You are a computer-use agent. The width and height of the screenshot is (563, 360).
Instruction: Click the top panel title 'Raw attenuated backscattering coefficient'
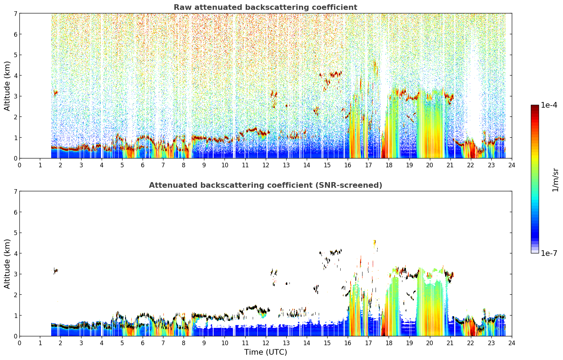pyautogui.click(x=265, y=7)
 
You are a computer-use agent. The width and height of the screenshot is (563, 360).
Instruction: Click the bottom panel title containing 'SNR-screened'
pyautogui.click(x=265, y=185)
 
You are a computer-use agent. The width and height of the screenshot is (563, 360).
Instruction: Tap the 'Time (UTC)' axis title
pyautogui.click(x=265, y=352)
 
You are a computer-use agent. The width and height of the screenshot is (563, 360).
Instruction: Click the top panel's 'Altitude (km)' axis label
pyautogui.click(x=7, y=86)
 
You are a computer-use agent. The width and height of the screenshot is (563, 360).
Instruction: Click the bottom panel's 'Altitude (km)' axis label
pyautogui.click(x=7, y=264)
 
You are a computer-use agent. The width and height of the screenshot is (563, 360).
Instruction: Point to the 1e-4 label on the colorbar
pyautogui.click(x=549, y=105)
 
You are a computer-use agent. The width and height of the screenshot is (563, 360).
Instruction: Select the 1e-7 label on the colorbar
pyautogui.click(x=549, y=253)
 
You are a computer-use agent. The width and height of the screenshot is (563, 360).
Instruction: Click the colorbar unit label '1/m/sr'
pyautogui.click(x=556, y=180)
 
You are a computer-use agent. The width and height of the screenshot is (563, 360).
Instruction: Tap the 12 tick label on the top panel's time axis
pyautogui.click(x=266, y=165)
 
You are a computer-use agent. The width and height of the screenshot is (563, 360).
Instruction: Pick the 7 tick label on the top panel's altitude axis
pyautogui.click(x=15, y=13)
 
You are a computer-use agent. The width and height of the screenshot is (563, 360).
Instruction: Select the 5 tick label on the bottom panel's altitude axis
pyautogui.click(x=15, y=233)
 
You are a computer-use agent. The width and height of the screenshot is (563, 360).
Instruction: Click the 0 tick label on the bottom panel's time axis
pyautogui.click(x=20, y=343)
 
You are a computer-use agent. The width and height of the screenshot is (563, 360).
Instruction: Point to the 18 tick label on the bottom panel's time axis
pyautogui.click(x=389, y=343)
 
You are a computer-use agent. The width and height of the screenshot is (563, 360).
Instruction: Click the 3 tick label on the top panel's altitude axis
pyautogui.click(x=15, y=96)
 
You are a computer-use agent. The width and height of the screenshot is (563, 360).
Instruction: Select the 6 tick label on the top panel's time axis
pyautogui.click(x=143, y=165)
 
